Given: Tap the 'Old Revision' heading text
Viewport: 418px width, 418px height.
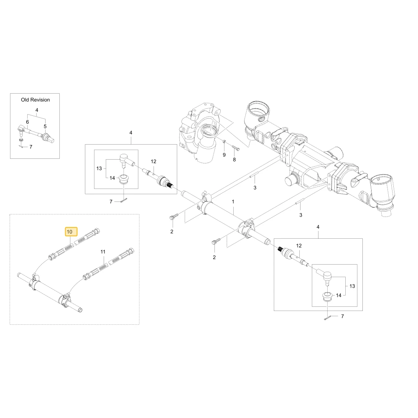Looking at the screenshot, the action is click(36, 100).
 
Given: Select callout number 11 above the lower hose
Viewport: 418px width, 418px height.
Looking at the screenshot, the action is click(103, 251).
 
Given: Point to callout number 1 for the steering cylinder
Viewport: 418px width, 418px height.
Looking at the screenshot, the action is click(233, 201).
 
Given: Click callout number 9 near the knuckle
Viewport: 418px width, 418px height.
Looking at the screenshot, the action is click(224, 155).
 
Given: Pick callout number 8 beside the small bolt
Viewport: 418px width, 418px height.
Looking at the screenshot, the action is click(234, 159).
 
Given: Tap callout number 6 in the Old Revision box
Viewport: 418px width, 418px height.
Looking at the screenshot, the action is click(27, 122).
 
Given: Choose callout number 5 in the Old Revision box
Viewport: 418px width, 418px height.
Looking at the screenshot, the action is click(45, 126).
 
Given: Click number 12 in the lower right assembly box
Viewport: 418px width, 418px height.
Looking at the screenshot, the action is click(299, 245).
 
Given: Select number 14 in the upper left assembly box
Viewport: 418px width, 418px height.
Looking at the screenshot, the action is click(112, 178).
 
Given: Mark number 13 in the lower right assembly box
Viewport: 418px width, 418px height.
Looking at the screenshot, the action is click(352, 286).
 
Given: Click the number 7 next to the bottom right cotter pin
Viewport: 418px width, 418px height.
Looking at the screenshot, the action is click(343, 316).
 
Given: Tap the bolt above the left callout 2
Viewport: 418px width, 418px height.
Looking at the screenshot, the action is click(172, 217).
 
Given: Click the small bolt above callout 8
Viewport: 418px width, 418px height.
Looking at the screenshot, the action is click(236, 148).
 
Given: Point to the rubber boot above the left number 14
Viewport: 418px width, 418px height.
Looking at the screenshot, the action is click(123, 179).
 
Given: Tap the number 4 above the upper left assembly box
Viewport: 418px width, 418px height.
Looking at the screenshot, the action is click(130, 133).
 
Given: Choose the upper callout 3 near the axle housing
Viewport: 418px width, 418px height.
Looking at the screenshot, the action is click(255, 187).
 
